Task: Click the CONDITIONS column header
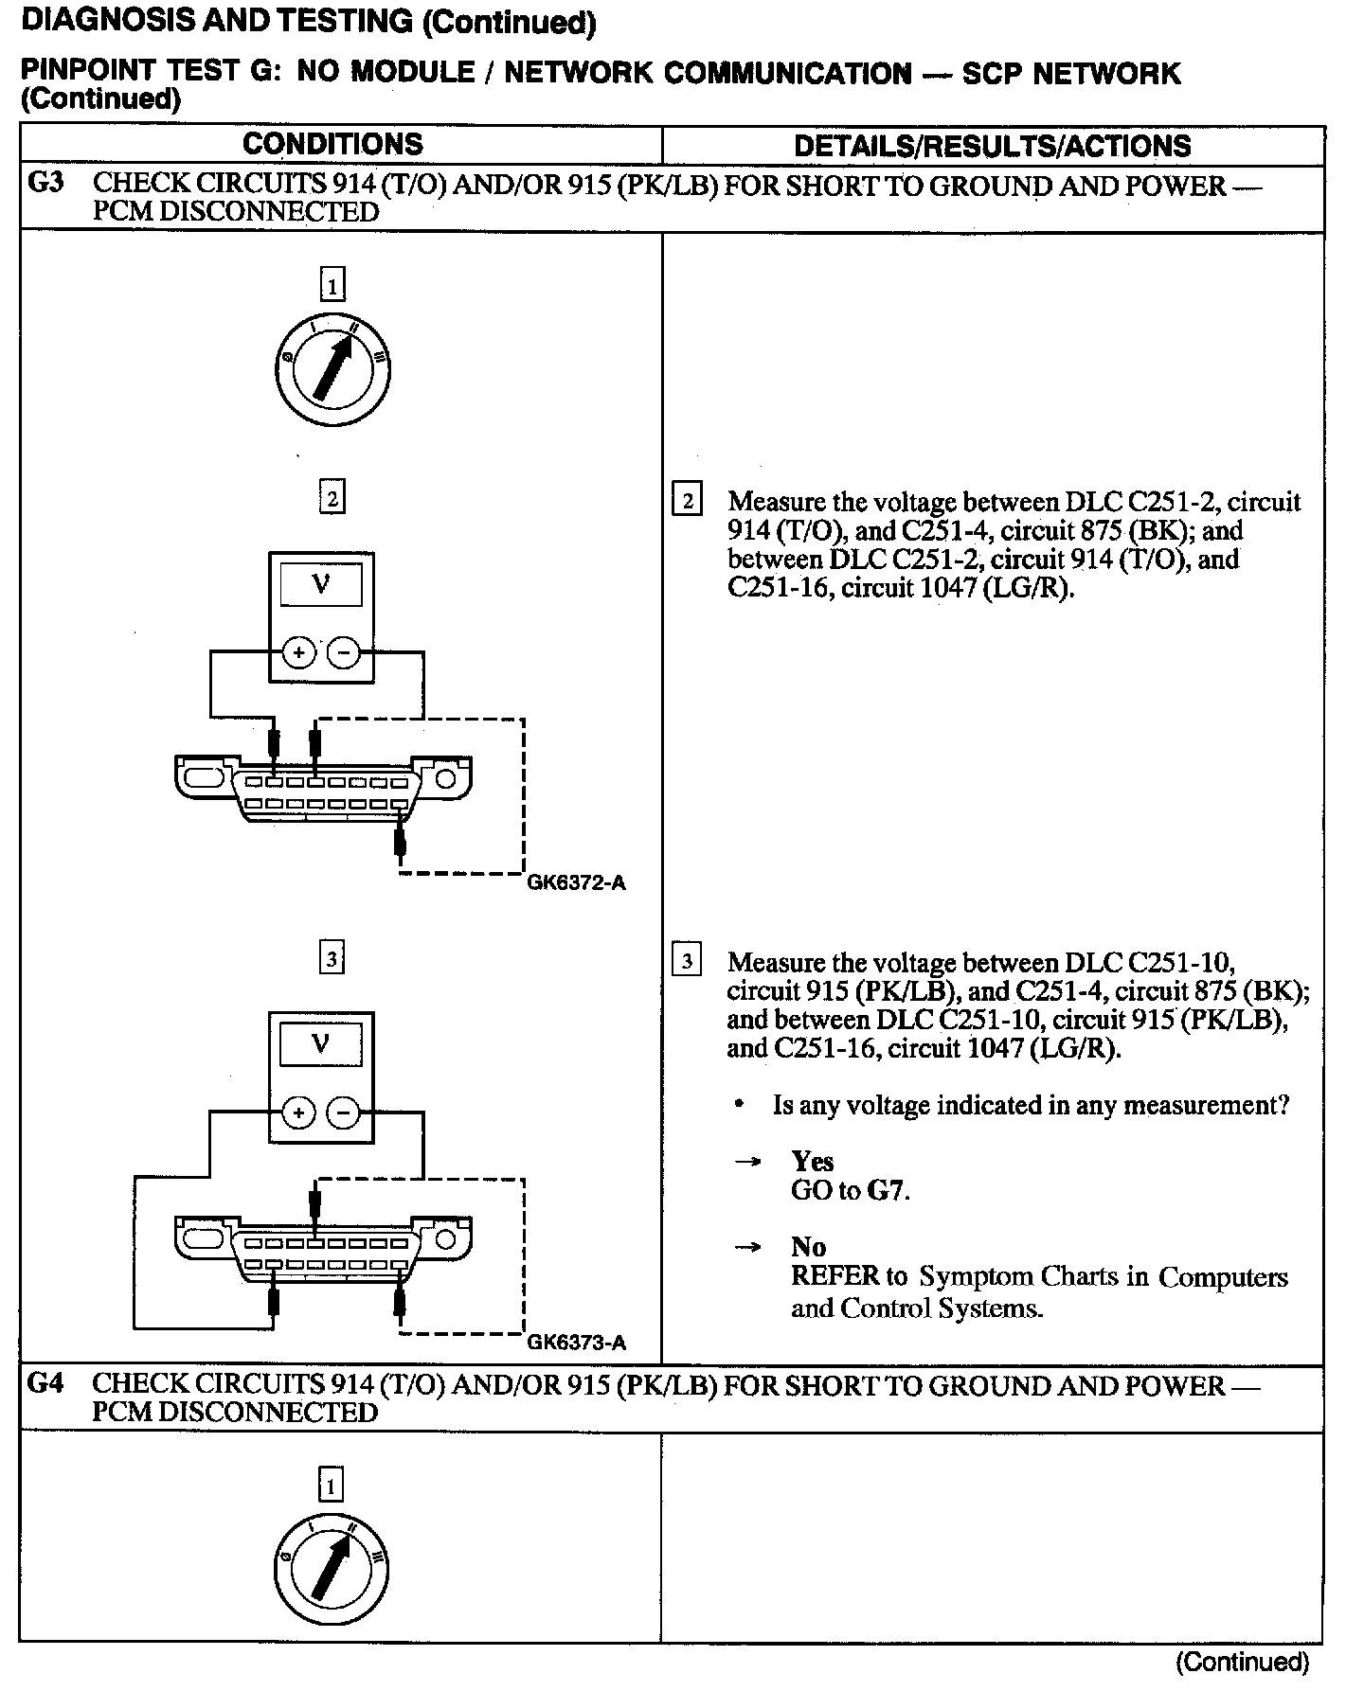coord(332,145)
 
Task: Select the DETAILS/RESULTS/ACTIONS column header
coord(992,146)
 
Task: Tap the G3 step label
coord(46,183)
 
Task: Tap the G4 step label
coord(46,1383)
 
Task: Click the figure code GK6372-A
coord(576,883)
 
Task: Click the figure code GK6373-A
coord(576,1343)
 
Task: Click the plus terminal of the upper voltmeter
coord(299,652)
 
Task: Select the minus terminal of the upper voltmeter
coord(344,652)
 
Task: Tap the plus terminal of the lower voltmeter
coord(299,1112)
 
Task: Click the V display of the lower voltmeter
coord(321,1045)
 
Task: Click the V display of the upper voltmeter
coord(321,585)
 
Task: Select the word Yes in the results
coord(813,1162)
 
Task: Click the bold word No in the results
coord(809,1247)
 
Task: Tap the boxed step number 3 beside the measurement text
coord(687,961)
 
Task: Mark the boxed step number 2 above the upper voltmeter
coord(332,497)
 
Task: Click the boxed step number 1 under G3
coord(332,284)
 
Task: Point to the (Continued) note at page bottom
coord(1242,1662)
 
